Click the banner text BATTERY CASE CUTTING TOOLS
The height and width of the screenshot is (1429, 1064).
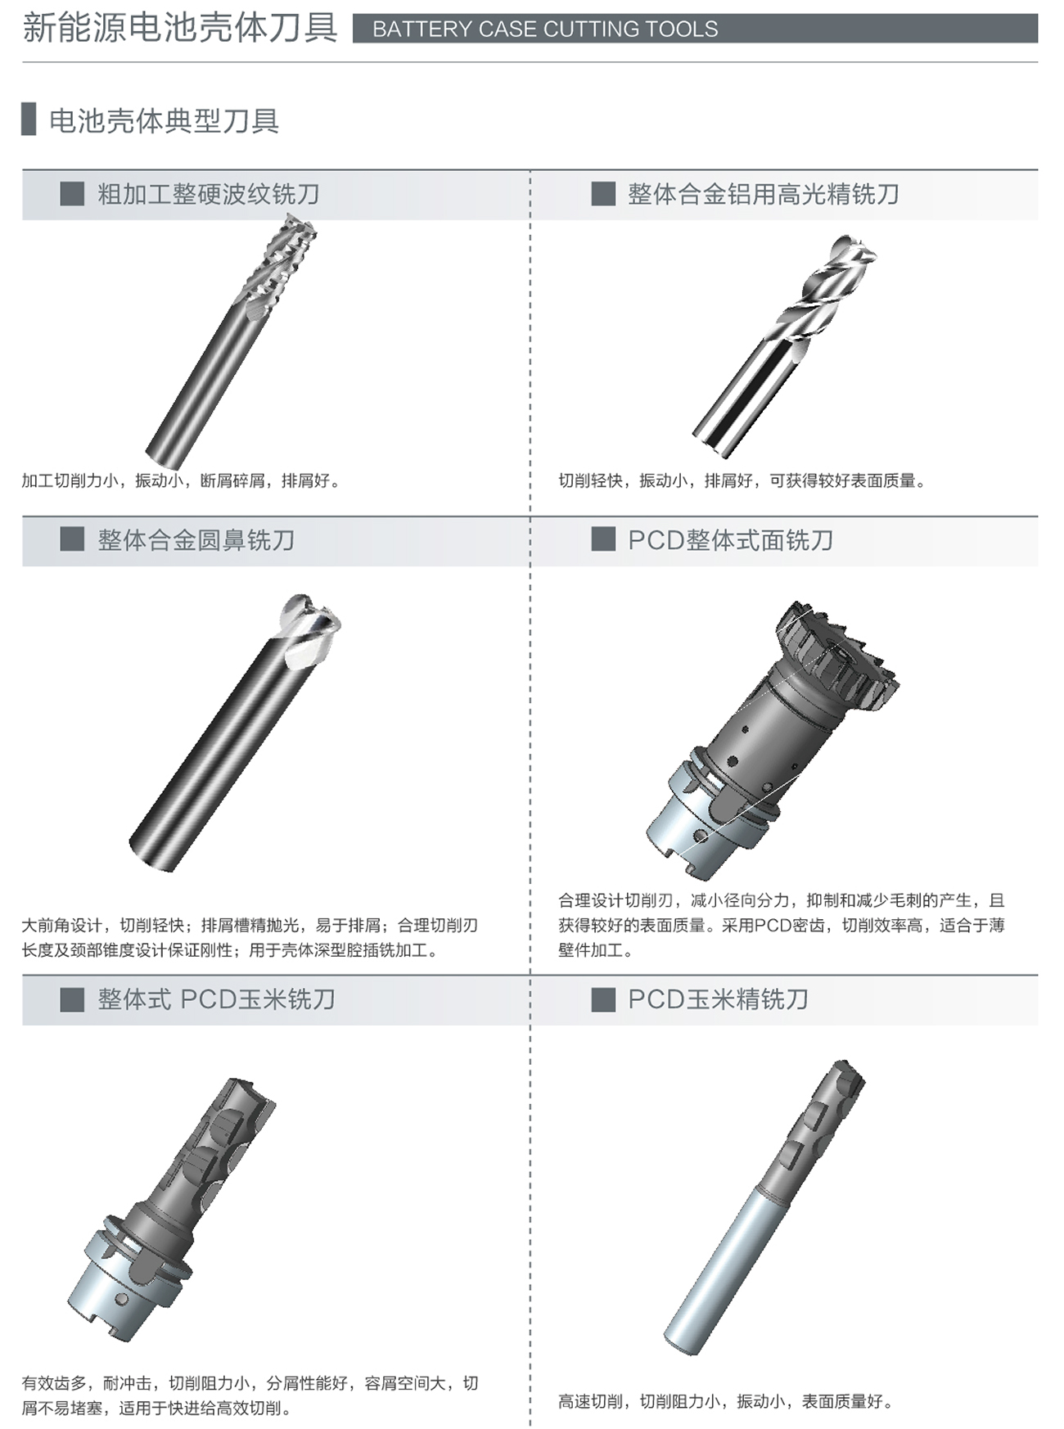point(545,29)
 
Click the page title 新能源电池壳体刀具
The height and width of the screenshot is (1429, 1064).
point(180,27)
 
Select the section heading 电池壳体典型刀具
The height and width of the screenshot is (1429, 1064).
point(165,120)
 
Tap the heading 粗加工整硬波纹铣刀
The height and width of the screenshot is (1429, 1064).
point(209,194)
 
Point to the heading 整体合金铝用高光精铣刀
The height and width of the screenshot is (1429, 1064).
point(764,194)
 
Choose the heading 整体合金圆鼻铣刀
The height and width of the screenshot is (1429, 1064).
point(196,540)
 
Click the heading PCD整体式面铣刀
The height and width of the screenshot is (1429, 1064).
point(731,540)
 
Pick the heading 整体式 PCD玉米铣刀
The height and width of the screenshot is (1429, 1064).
point(217,999)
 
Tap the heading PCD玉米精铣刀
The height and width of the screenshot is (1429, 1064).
point(719,999)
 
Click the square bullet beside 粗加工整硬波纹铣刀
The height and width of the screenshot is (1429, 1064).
point(72,194)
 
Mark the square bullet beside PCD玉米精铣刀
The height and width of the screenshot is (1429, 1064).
point(603,999)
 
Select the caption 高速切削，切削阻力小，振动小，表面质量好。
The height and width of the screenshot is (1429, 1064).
point(725,1401)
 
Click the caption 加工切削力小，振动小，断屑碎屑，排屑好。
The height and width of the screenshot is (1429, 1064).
point(181,480)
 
